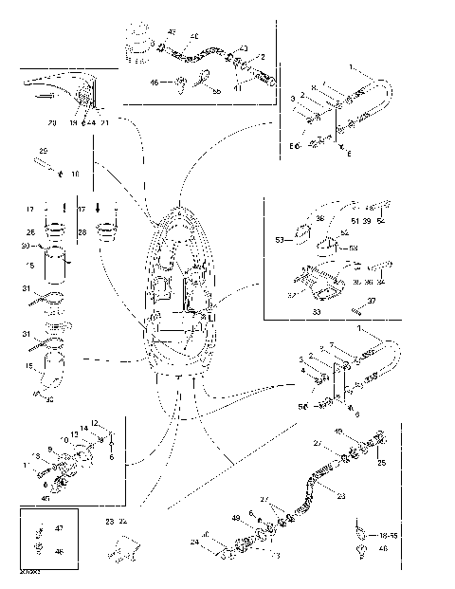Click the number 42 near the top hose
171,33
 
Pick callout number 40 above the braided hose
193,36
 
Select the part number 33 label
317,309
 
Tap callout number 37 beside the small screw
372,300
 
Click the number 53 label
280,240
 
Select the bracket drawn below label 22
123,547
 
